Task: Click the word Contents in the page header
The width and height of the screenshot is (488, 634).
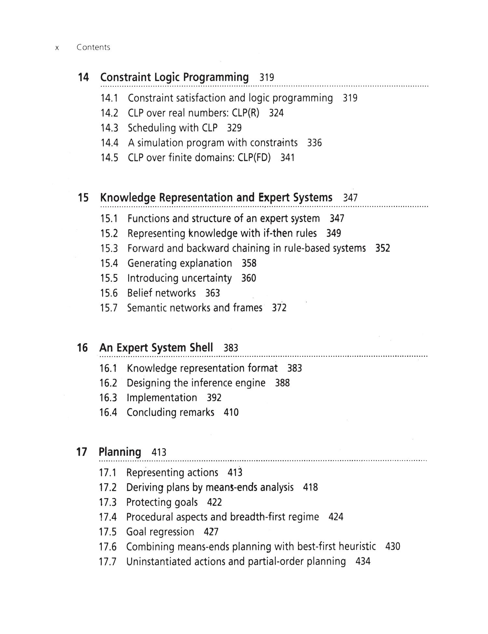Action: (x=93, y=47)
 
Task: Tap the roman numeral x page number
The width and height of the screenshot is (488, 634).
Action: (x=57, y=48)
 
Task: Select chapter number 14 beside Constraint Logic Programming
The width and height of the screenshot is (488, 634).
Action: (x=83, y=77)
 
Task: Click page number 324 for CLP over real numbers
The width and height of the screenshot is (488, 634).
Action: (x=276, y=113)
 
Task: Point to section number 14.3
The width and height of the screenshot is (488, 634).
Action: (x=109, y=128)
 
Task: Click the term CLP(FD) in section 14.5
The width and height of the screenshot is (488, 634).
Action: (x=254, y=158)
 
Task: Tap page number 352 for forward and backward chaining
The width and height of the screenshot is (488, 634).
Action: (x=383, y=248)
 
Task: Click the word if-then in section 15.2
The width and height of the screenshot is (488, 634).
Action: (x=278, y=233)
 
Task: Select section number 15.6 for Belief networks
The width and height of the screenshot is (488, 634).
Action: (x=109, y=293)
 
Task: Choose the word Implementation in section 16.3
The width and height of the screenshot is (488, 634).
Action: (x=162, y=398)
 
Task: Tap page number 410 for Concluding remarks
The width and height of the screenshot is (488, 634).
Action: (x=231, y=413)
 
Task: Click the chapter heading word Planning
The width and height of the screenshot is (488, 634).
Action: (x=120, y=452)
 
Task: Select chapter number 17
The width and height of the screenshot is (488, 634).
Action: (x=82, y=452)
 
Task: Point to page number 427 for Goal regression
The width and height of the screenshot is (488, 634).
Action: (x=211, y=532)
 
